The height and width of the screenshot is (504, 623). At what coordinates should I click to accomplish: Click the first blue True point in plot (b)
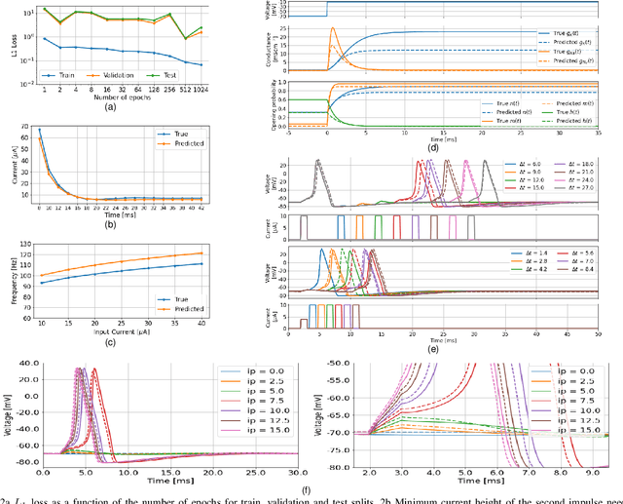[39, 129]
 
